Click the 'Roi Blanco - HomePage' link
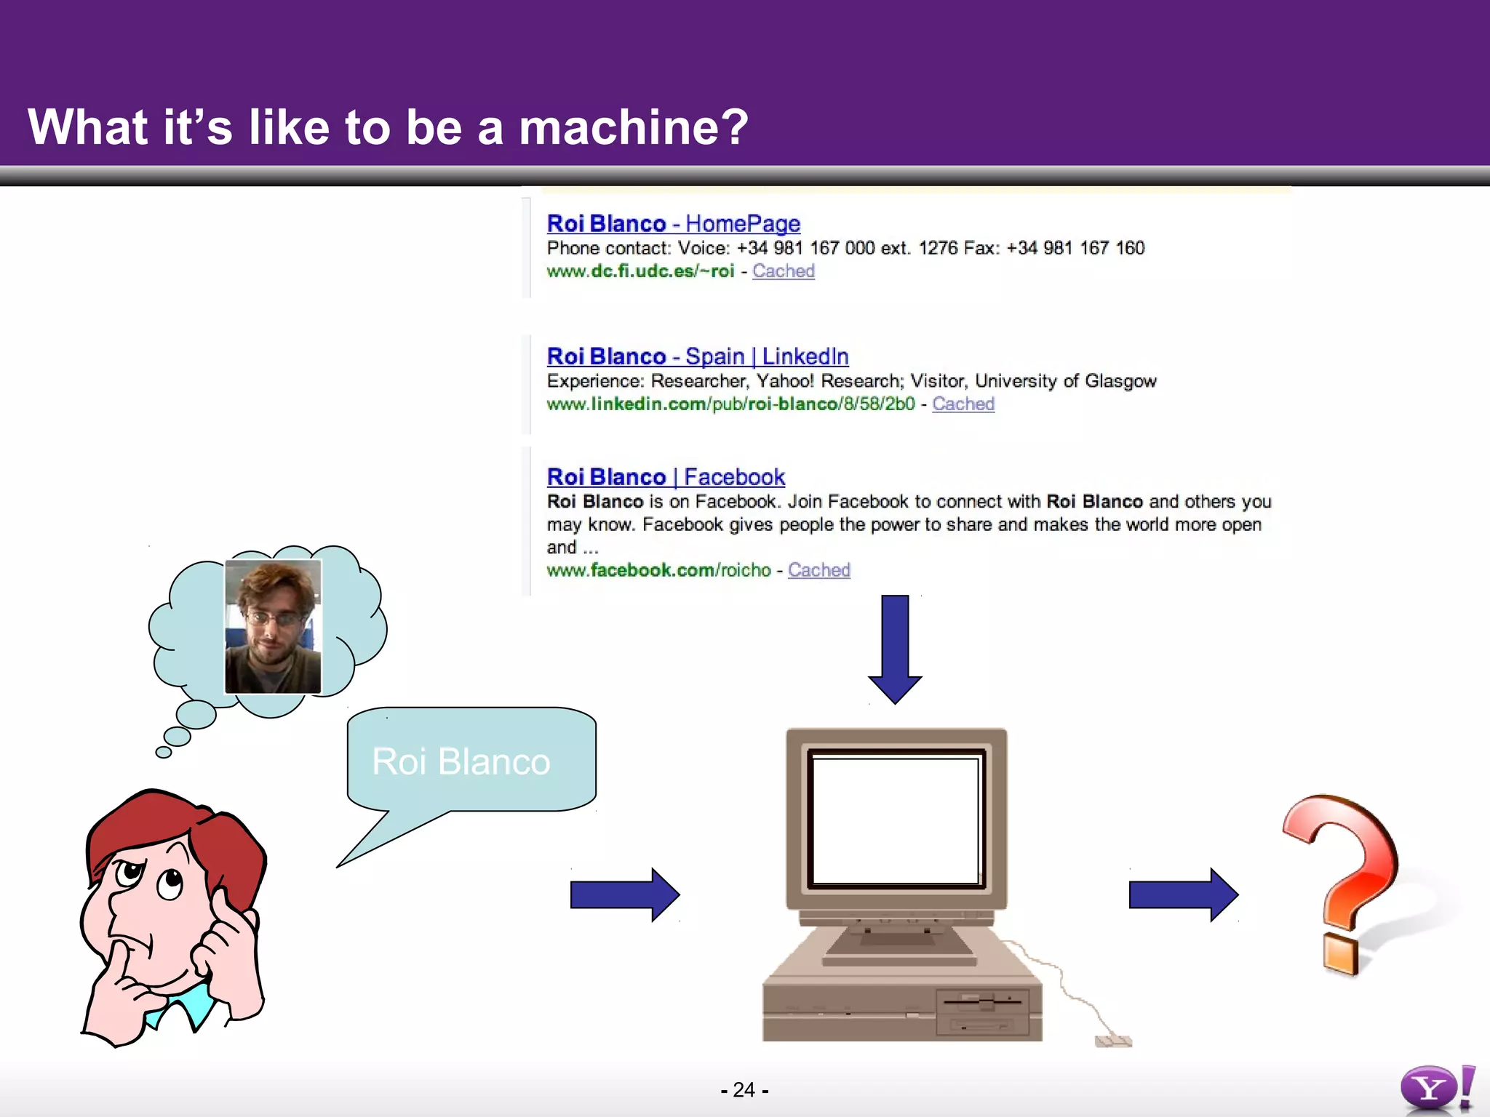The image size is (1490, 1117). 673,223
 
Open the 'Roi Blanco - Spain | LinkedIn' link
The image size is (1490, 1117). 697,356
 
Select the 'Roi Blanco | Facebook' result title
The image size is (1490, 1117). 665,477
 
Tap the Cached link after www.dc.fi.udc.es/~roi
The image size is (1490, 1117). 783,271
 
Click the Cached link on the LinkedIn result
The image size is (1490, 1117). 963,404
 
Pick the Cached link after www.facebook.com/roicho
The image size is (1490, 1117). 818,570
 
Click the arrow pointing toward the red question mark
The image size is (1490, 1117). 1183,894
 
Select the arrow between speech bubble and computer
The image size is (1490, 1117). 624,894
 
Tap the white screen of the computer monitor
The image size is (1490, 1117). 896,820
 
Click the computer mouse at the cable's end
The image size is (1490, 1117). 1112,1041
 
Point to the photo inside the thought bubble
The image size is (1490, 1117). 273,626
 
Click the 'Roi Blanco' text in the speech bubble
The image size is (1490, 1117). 461,761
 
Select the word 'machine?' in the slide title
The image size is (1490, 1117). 633,127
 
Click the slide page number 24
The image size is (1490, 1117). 744,1089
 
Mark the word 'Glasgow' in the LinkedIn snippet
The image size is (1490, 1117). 1120,381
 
